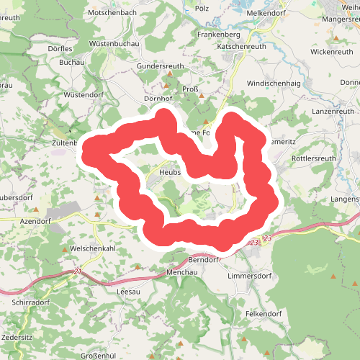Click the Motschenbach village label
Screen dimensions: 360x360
point(111,13)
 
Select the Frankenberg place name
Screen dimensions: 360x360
point(220,34)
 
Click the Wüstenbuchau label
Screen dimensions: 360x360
point(114,44)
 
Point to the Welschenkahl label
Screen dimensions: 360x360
point(95,248)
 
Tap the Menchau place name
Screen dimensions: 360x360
point(181,273)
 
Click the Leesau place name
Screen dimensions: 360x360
point(129,292)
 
